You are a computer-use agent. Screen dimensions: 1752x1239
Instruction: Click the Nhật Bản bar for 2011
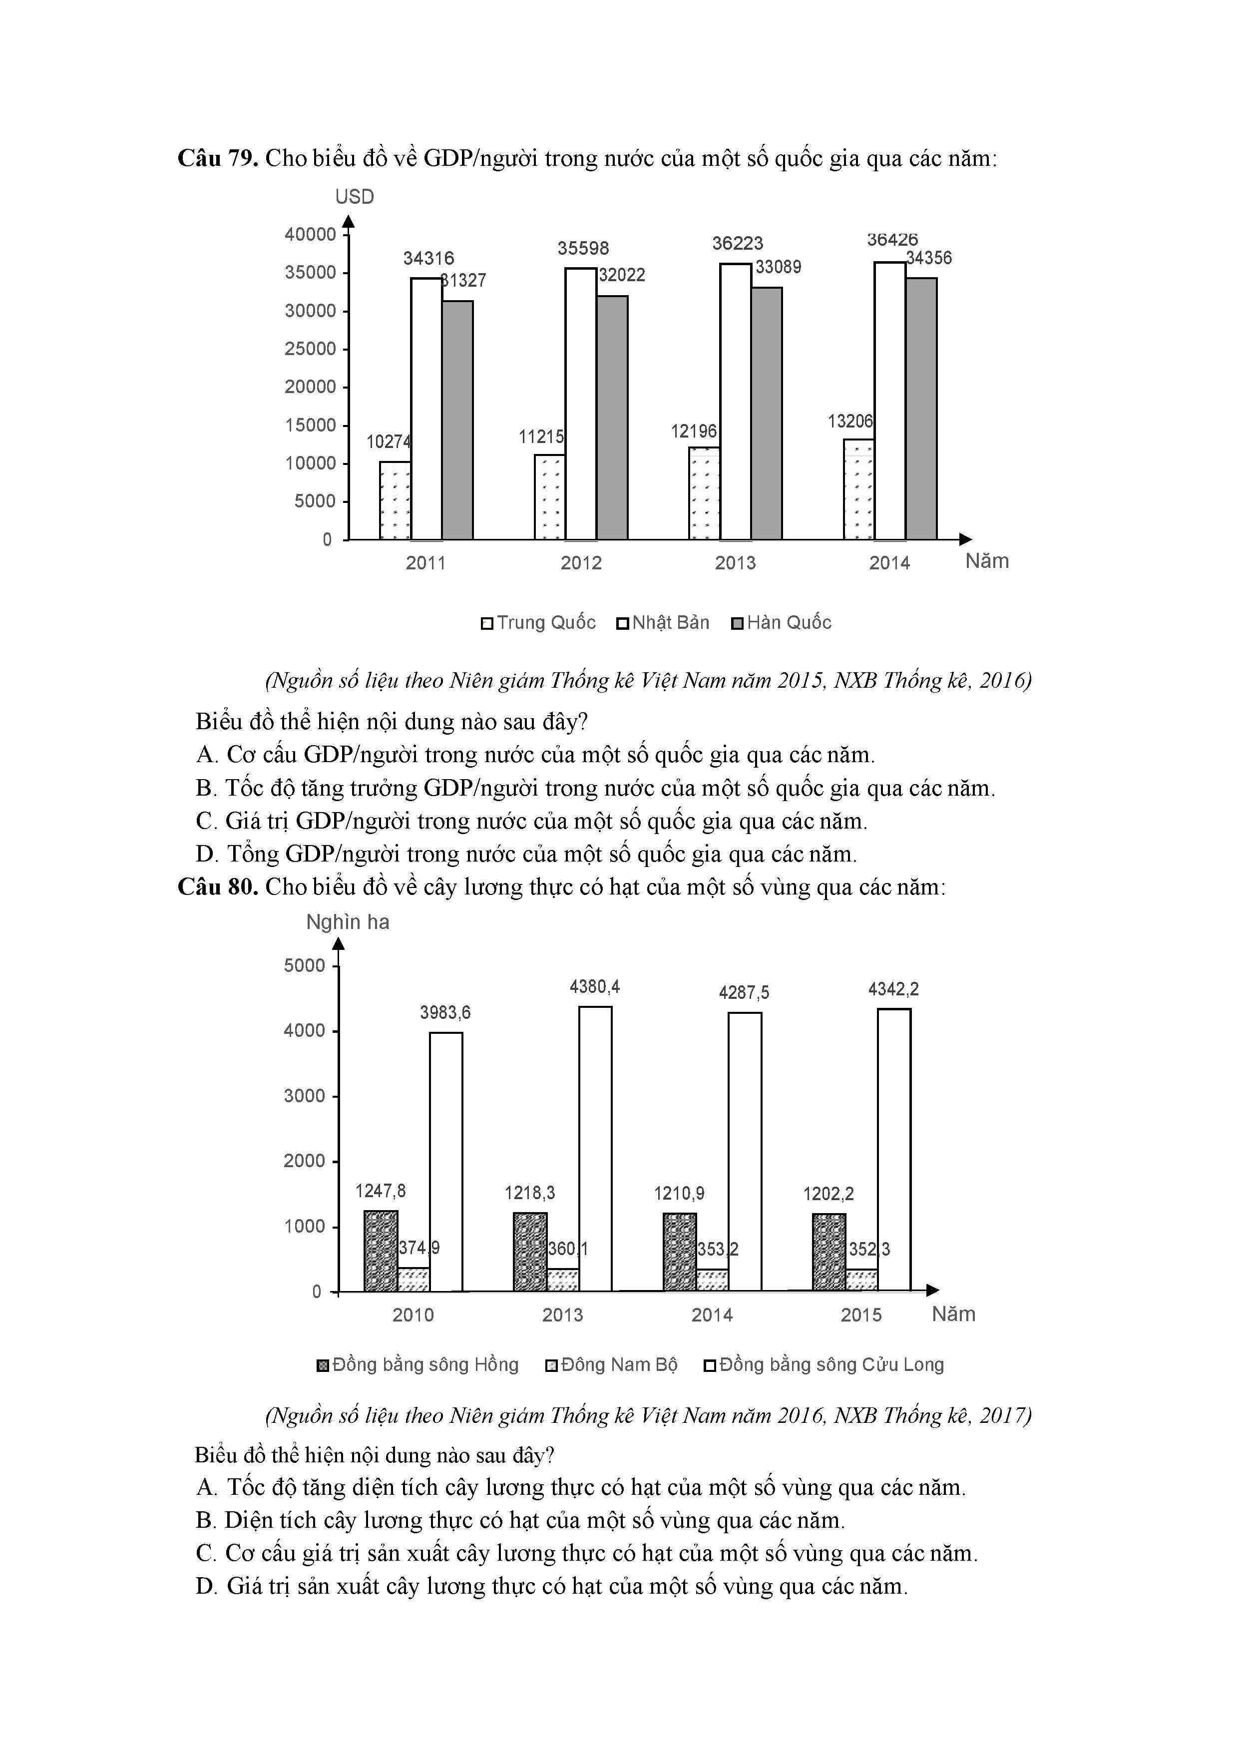[x=426, y=409]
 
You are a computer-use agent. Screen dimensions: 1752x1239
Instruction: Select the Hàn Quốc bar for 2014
[x=921, y=409]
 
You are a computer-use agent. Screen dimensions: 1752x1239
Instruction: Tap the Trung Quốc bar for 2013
[x=704, y=494]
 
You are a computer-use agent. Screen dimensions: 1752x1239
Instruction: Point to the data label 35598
[x=583, y=248]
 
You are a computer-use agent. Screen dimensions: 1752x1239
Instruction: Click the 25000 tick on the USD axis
[x=311, y=349]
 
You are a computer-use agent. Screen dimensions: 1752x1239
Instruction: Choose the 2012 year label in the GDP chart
[x=581, y=563]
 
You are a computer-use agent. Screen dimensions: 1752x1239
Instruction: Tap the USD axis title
[x=355, y=197]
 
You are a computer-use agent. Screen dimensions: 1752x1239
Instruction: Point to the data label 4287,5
[x=744, y=993]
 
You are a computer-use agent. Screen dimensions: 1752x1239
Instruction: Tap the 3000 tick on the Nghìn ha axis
[x=305, y=1096]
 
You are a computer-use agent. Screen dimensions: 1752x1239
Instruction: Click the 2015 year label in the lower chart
[x=861, y=1315]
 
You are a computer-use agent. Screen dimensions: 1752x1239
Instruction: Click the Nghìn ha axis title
[x=348, y=922]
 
